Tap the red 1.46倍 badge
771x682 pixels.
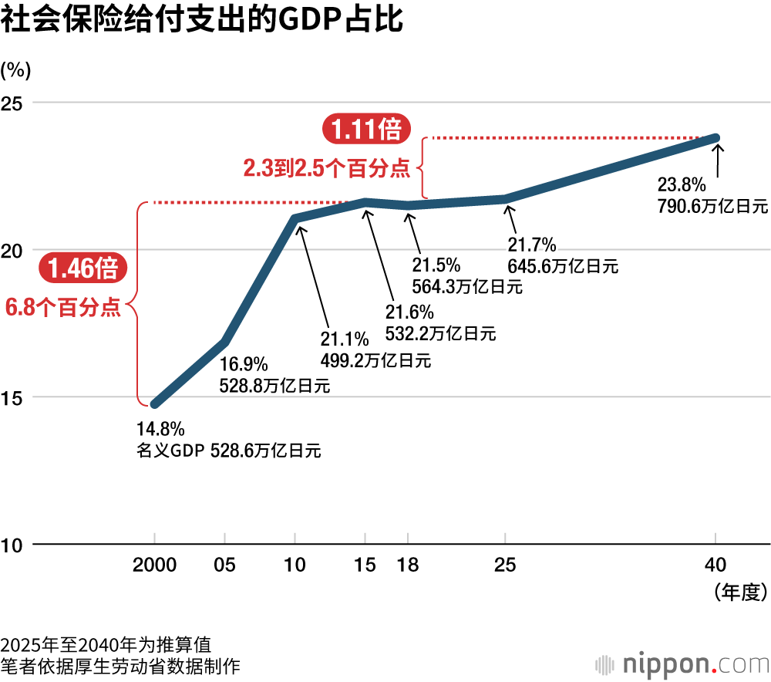point(82,268)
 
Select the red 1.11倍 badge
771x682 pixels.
point(365,129)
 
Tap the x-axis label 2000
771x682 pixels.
point(155,565)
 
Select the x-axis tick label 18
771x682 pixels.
point(408,565)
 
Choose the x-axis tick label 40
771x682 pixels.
point(716,565)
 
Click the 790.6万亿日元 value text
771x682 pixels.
point(712,206)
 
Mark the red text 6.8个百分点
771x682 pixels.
point(63,308)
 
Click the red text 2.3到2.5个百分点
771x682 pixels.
point(327,168)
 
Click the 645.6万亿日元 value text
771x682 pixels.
point(564,267)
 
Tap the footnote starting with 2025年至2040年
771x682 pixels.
point(106,644)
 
